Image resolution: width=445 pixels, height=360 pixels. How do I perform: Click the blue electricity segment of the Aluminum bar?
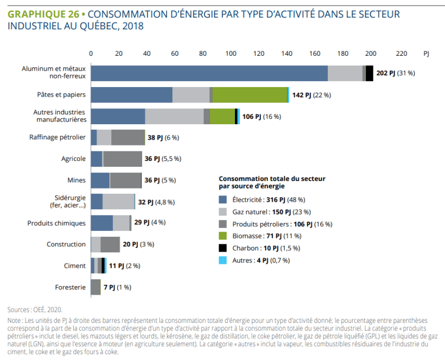coord(209,73)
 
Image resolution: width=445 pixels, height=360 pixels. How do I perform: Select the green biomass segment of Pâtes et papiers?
coord(249,95)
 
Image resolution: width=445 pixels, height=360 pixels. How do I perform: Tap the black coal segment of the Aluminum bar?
coord(369,73)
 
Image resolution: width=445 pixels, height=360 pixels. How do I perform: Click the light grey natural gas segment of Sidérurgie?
coord(118,202)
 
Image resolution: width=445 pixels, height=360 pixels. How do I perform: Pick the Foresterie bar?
coord(95,287)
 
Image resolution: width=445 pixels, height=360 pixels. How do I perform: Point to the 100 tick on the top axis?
coord(231,54)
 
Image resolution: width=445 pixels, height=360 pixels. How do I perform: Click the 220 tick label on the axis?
coord(399,54)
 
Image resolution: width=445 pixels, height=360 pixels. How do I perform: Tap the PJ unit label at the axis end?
coord(426,54)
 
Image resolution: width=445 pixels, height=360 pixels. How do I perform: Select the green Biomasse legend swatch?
coord(223,236)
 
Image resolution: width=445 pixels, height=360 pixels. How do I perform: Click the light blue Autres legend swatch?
coord(223,260)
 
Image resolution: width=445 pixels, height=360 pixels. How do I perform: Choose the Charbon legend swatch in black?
coord(223,248)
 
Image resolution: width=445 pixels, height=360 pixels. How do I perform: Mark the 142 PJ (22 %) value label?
coord(311,95)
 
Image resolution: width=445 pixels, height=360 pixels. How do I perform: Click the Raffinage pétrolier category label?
coord(57,137)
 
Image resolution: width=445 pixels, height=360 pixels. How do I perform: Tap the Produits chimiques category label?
coord(56,223)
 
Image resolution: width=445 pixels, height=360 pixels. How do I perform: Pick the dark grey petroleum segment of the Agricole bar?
coord(123,159)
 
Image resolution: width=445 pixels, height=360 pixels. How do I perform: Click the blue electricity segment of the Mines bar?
coord(100,180)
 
